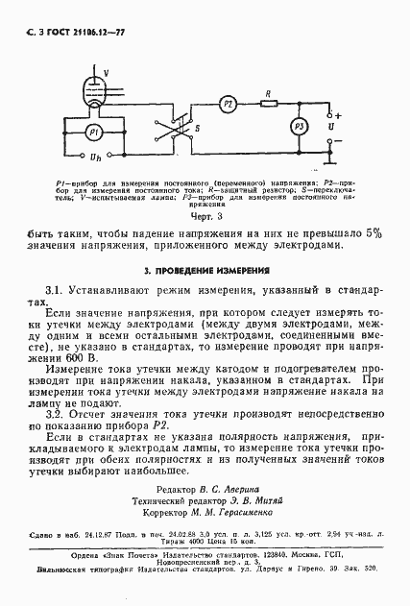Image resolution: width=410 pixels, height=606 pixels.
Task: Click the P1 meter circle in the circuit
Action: click(92, 131)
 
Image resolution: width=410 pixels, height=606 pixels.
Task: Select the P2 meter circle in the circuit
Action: click(227, 102)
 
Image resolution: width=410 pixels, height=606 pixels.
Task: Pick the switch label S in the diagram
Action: click(197, 125)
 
